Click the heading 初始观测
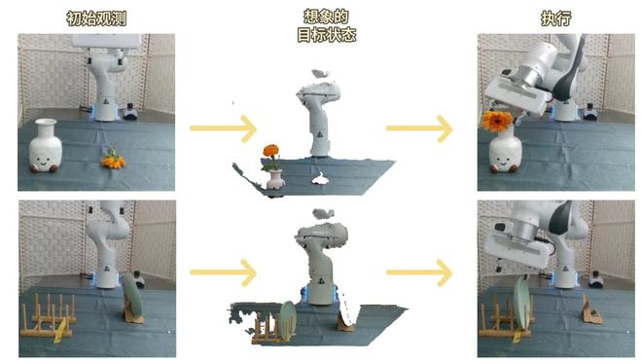coord(96,18)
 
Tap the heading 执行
coord(556,18)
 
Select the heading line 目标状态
coord(326,35)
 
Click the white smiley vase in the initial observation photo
coord(46,145)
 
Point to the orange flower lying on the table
coord(113,159)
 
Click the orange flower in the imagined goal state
coord(270,151)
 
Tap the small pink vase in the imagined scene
coord(274,180)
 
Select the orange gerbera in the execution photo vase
coord(497,121)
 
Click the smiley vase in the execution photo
coord(506,151)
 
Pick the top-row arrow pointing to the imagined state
coord(223,128)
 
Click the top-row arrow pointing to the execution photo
coord(419,128)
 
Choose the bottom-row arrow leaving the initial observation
coord(223,273)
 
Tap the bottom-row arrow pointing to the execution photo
coord(419,273)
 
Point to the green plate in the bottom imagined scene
coord(288,320)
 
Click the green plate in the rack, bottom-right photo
coord(522,303)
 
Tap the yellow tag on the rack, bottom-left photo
coord(59,331)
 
